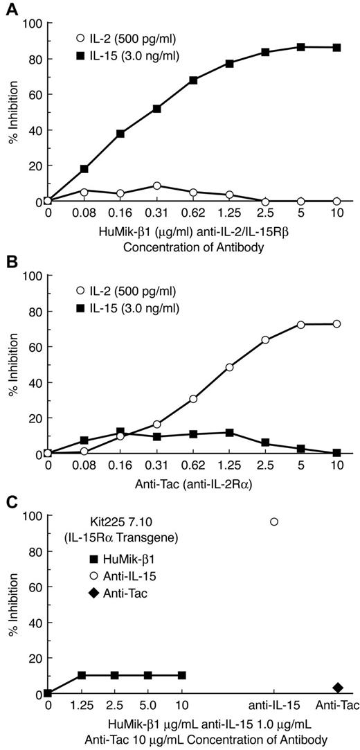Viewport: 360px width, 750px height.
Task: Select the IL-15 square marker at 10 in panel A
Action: click(337, 47)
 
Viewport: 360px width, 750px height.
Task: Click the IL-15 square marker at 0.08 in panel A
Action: click(84, 169)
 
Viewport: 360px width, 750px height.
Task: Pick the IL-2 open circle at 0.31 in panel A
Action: click(157, 186)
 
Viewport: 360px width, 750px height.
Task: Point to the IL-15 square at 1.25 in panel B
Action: click(229, 433)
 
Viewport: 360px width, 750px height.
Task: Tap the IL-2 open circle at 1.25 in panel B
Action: click(229, 367)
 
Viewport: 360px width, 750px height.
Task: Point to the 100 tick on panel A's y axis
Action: click(33, 24)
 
